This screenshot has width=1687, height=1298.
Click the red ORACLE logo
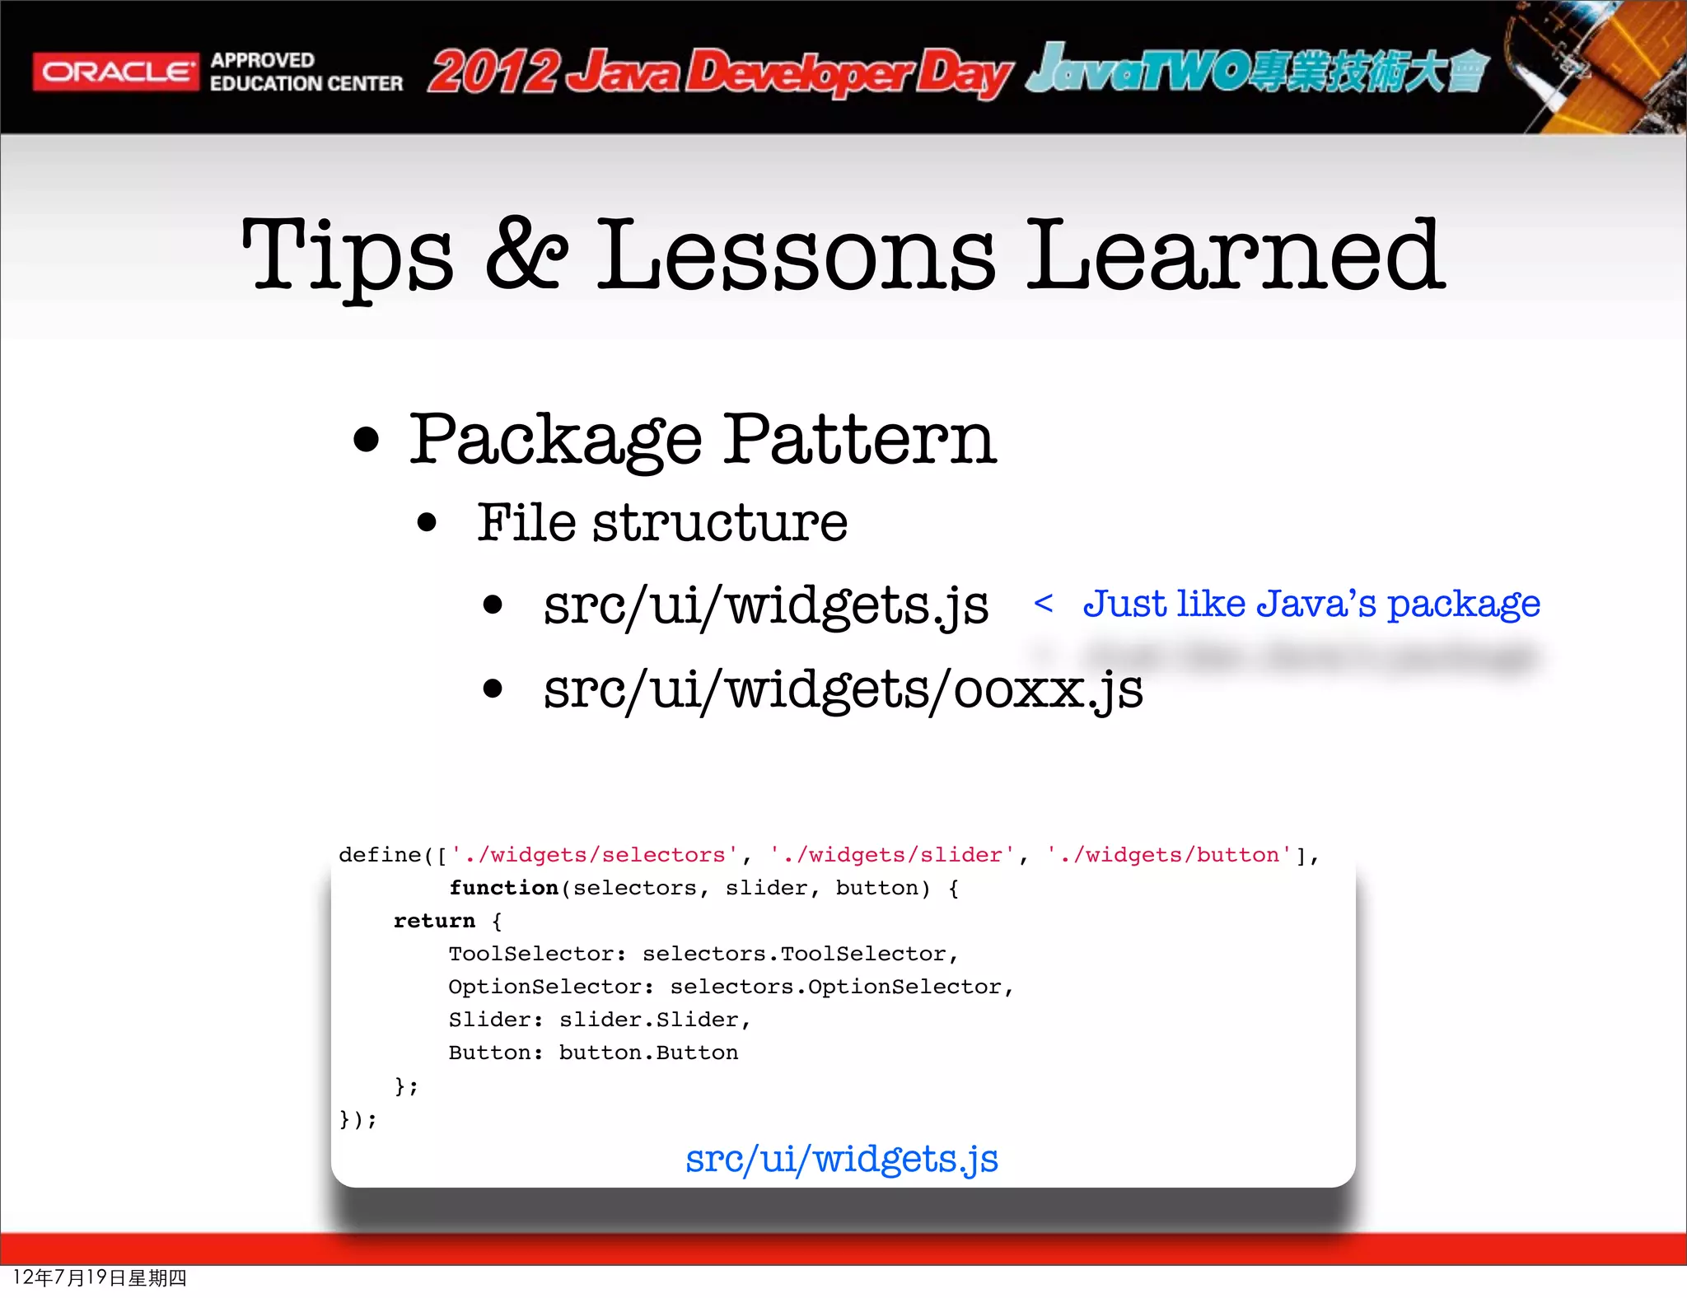coord(115,72)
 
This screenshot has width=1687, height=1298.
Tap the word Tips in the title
coord(347,255)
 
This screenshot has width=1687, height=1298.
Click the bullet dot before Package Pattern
coord(366,440)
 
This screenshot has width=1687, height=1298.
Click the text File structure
coord(662,522)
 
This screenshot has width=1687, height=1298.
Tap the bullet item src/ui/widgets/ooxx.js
coord(843,689)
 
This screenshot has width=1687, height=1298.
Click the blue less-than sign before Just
coord(1043,604)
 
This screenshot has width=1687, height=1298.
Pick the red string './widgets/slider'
coord(892,855)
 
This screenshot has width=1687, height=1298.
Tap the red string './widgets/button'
coord(1169,855)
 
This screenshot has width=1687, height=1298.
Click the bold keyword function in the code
coord(503,888)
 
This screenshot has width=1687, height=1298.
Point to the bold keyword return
coord(434,921)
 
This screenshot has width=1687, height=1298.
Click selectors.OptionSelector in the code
coord(835,987)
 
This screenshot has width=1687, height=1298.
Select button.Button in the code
coord(648,1053)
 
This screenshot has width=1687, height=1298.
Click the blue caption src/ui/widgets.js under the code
coord(841,1159)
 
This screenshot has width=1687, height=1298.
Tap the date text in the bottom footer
coord(100,1277)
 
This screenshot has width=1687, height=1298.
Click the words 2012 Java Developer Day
coord(718,72)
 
